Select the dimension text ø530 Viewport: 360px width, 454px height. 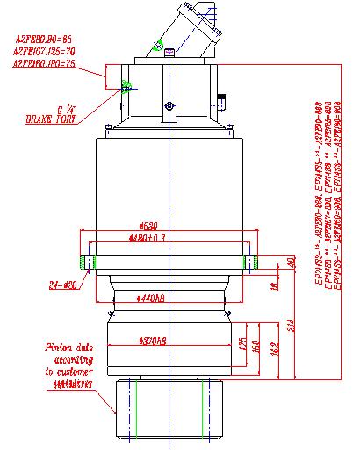[164, 226]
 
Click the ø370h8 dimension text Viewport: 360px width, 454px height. [155, 340]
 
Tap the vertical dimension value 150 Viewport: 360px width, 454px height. [256, 348]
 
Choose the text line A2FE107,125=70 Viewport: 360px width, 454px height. [48, 52]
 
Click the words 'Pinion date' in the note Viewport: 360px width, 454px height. [69, 349]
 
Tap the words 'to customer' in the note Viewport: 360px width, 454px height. [70, 371]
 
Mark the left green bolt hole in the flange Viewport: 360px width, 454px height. [84, 260]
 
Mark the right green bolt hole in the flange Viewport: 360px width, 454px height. [248, 260]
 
